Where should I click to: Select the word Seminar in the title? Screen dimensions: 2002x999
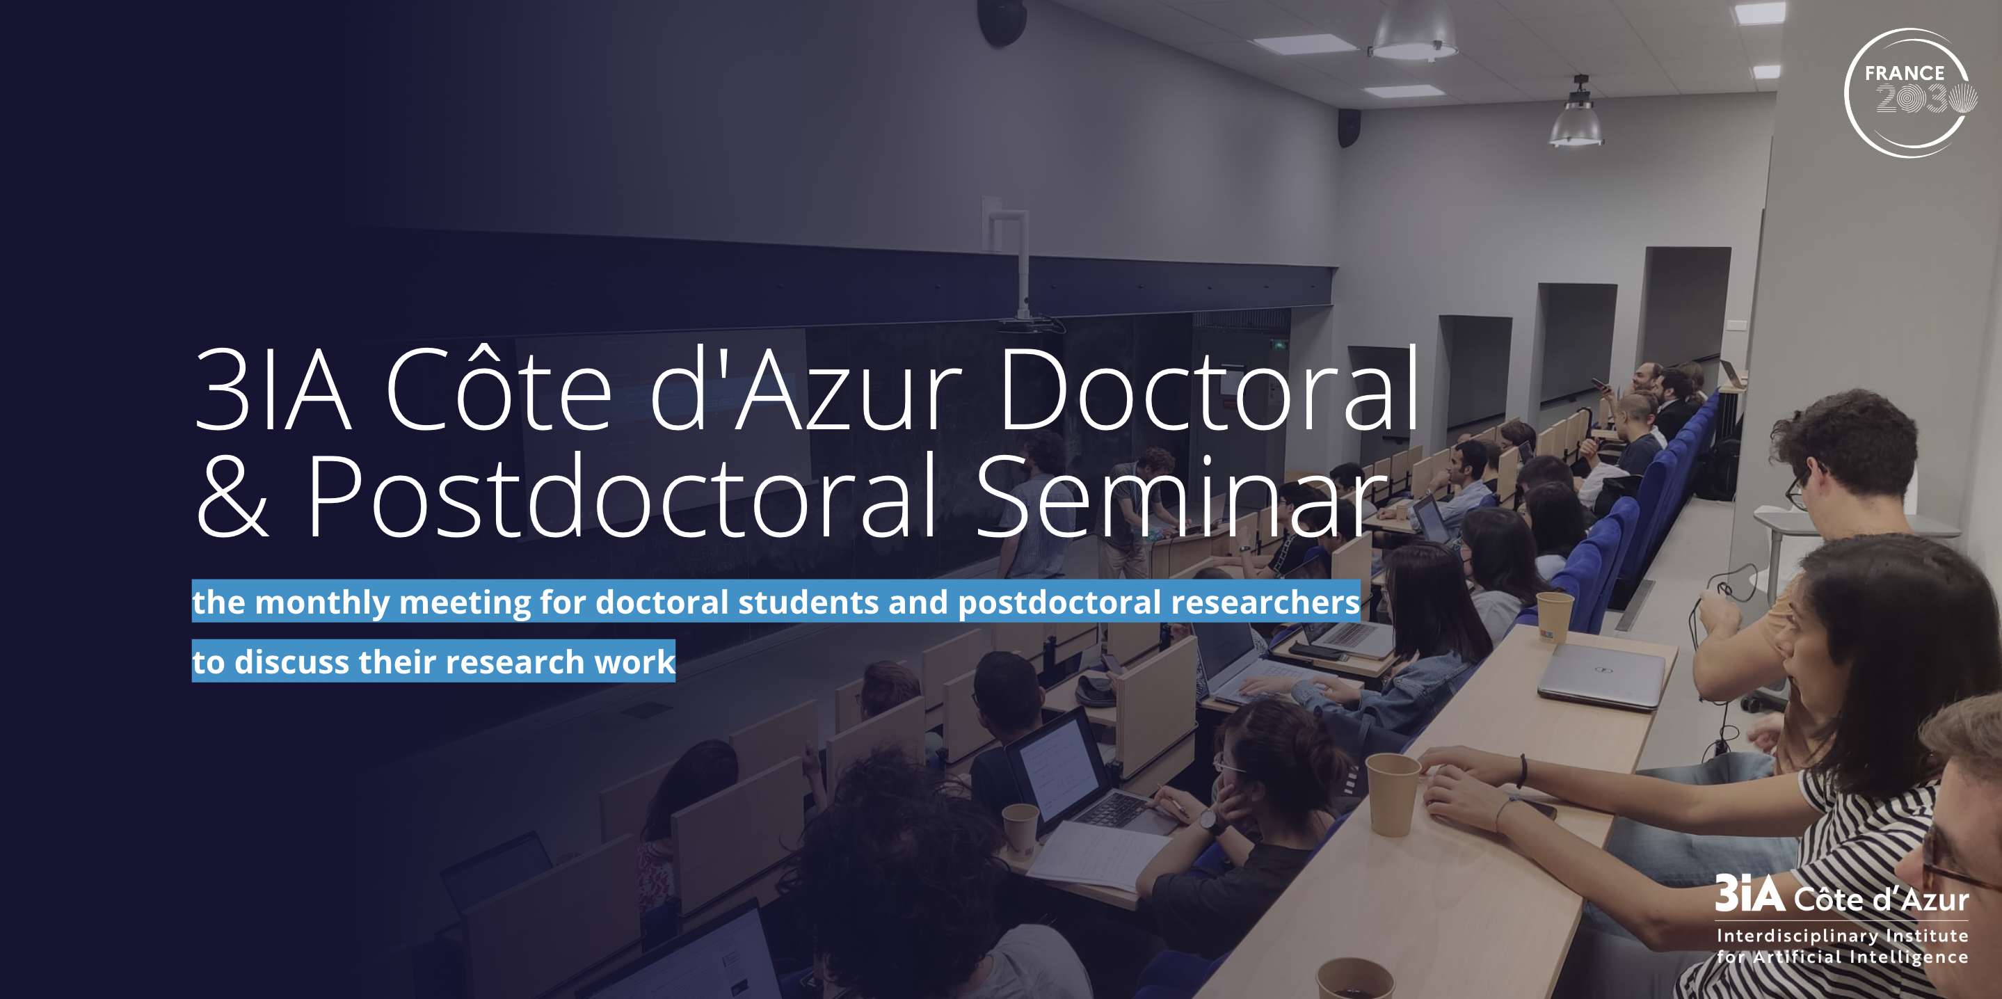pyautogui.click(x=1180, y=497)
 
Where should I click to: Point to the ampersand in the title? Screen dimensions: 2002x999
pyautogui.click(x=232, y=497)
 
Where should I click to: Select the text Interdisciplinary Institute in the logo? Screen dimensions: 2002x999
pyautogui.click(x=1842, y=936)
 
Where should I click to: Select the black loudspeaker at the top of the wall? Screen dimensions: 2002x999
pyautogui.click(x=1002, y=22)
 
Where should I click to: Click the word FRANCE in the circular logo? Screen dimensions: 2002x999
pyautogui.click(x=1904, y=73)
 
